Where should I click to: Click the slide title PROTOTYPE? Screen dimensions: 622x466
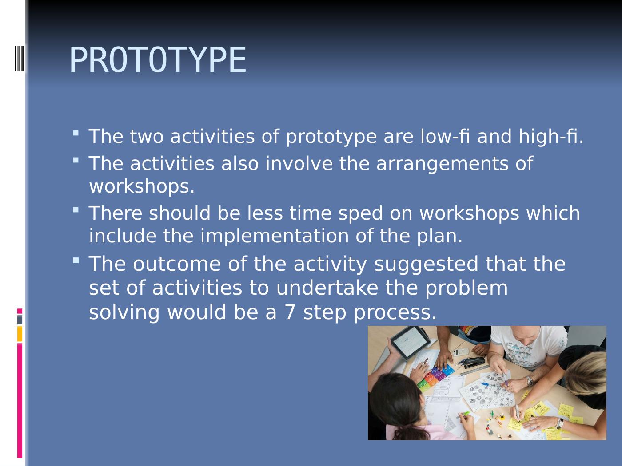tap(158, 60)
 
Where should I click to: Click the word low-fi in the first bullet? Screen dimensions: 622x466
tap(445, 136)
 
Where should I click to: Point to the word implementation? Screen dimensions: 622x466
tap(275, 236)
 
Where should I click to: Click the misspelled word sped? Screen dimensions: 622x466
tap(360, 213)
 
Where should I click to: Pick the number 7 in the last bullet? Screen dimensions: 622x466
tap(290, 312)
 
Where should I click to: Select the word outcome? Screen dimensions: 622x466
tap(177, 264)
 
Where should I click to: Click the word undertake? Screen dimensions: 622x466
tap(327, 288)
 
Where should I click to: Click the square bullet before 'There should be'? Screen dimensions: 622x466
tap(76, 210)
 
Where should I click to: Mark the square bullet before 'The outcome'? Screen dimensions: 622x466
tap(76, 261)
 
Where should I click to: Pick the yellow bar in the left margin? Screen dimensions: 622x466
tap(20, 334)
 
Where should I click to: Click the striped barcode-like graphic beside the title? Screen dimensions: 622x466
tap(20, 58)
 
